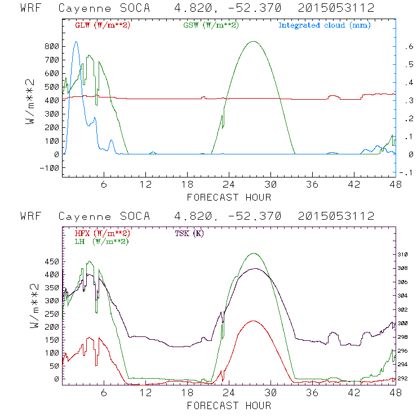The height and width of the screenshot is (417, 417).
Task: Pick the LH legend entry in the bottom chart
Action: point(103,242)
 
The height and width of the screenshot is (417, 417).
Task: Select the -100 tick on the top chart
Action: point(50,168)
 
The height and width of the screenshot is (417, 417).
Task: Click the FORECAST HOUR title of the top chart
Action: point(229,197)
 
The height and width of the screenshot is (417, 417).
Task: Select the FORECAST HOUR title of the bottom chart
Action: point(229,406)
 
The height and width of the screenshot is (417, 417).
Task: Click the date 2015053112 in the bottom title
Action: point(336,216)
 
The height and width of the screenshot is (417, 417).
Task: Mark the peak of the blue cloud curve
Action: point(77,42)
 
